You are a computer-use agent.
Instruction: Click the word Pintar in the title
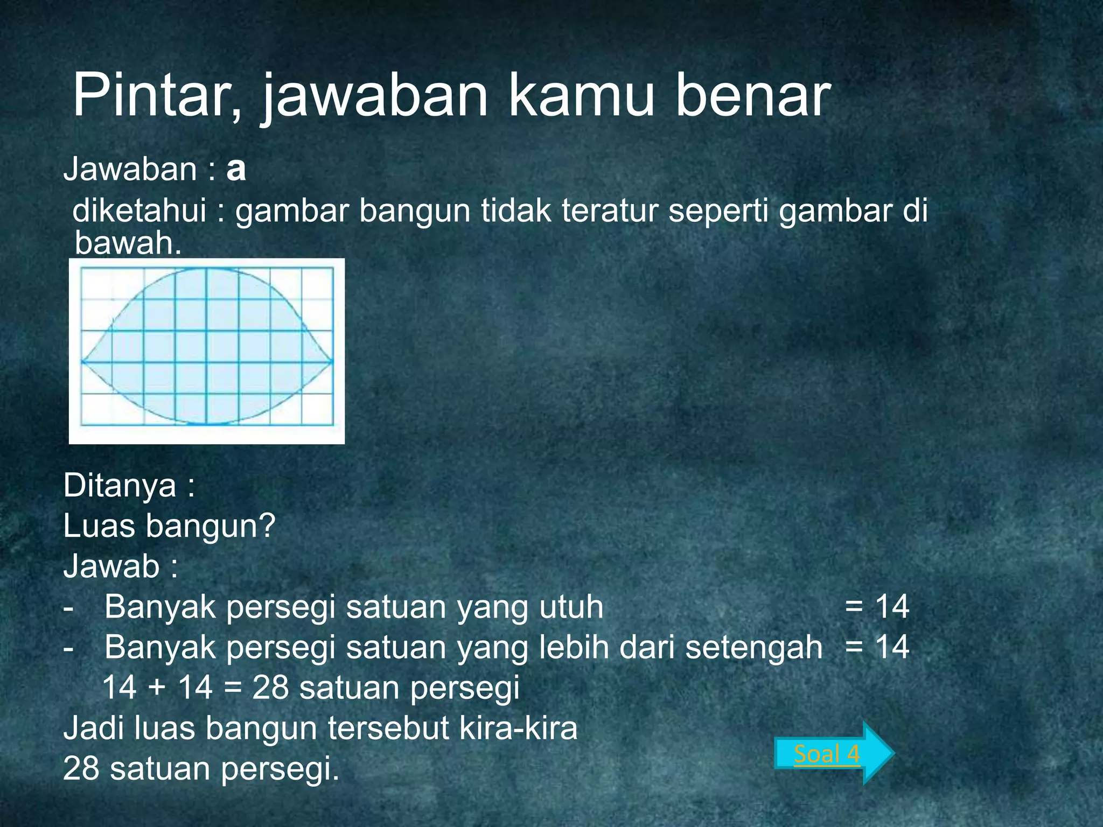pyautogui.click(x=156, y=97)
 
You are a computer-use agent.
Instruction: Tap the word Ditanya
pyautogui.click(x=120, y=486)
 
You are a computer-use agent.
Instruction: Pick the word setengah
pyautogui.click(x=754, y=647)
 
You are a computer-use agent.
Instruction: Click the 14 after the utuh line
pyautogui.click(x=892, y=607)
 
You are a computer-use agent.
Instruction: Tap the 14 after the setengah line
pyautogui.click(x=892, y=647)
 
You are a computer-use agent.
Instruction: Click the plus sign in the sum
pyautogui.click(x=157, y=688)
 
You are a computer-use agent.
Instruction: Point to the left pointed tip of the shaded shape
pyautogui.click(x=82, y=361)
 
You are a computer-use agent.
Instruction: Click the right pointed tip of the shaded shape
pyautogui.click(x=332, y=361)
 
